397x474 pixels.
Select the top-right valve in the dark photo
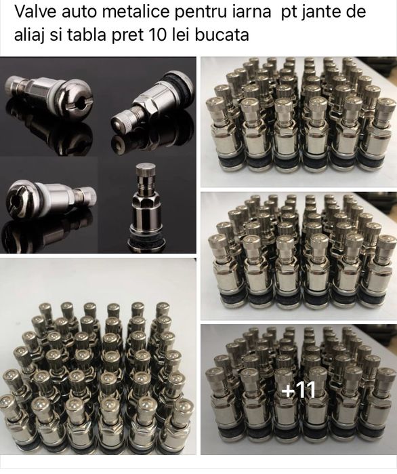[x=152, y=102]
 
